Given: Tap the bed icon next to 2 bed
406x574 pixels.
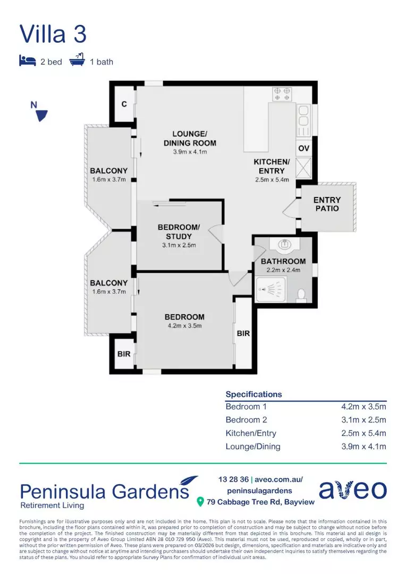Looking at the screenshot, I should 27,61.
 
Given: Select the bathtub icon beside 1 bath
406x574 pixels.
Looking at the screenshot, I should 77,60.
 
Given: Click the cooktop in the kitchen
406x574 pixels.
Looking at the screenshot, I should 281,94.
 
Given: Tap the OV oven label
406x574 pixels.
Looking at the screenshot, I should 303,148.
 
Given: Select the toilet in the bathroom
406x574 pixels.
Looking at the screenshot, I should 301,294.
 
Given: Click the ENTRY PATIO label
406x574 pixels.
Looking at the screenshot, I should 327,204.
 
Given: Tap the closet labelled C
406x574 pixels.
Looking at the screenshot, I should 124,104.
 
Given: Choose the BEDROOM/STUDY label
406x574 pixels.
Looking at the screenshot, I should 179,232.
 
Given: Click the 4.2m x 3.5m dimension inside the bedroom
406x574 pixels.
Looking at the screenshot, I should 184,326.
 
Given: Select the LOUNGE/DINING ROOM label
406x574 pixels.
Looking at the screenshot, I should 190,138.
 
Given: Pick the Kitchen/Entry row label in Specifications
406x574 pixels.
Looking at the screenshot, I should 251,433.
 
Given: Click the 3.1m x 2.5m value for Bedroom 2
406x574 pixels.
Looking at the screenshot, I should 363,420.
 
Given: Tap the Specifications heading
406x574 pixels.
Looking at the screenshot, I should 253,394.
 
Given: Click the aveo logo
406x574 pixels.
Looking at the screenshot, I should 352,490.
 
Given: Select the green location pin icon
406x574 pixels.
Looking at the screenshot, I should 200,502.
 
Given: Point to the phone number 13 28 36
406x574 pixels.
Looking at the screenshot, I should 233,479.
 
